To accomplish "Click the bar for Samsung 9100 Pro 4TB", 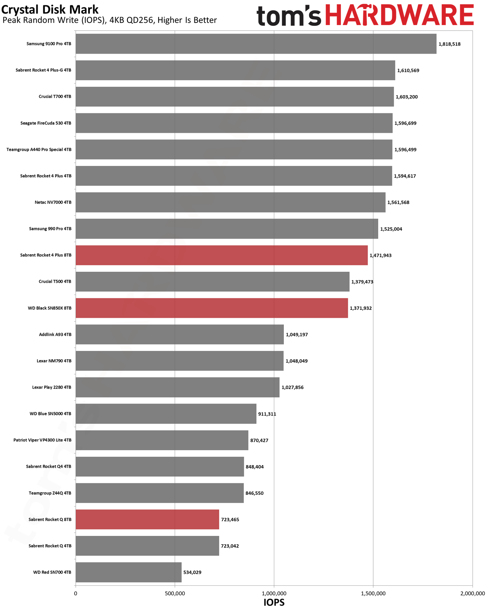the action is (256, 43).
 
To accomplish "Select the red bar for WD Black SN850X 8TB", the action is (212, 308).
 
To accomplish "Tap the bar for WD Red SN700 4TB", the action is (129, 572).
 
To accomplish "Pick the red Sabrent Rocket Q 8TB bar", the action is (147, 519).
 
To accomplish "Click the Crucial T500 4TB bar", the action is (213, 282).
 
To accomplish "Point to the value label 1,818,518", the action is (449, 44).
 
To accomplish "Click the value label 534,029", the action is (192, 572).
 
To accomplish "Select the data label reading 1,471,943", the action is (380, 255).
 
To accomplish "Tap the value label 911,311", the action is (267, 414).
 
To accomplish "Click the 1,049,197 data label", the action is (296, 335).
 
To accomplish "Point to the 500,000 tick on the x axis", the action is (175, 593).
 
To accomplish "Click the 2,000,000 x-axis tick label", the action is (472, 593).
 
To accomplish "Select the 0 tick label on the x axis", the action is (76, 593).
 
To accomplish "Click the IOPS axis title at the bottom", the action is (274, 603).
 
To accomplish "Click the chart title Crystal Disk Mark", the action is (50, 10).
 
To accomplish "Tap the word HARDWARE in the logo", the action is (399, 15).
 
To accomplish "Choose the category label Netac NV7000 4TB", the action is (53, 202).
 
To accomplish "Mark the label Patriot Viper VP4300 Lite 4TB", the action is (43, 440).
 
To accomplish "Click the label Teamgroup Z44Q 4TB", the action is (50, 493).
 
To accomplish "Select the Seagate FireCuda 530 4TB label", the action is (46, 123).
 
